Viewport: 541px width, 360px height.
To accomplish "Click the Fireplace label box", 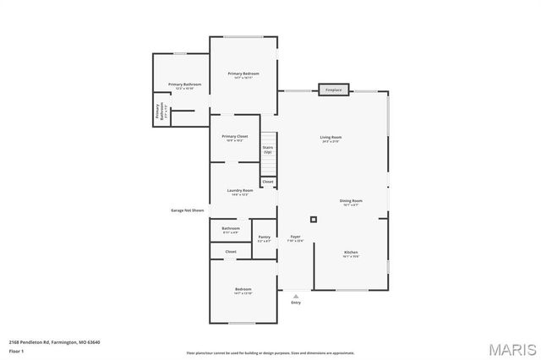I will point(334,89).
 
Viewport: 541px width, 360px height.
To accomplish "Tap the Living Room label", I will point(331,139).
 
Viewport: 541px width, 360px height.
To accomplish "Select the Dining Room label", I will point(351,202).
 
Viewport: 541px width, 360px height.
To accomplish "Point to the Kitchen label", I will point(351,254).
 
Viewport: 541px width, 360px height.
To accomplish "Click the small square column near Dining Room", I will point(314,219).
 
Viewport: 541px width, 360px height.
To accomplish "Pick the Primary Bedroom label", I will point(243,75).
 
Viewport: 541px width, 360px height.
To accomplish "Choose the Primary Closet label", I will point(235,138).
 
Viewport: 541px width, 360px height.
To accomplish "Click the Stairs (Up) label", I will point(268,149).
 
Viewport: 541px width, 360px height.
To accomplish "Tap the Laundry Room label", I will point(240,192).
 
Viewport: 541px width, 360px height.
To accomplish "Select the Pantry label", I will point(265,238).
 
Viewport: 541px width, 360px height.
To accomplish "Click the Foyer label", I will point(296,237).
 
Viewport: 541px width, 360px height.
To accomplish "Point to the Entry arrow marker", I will point(296,296).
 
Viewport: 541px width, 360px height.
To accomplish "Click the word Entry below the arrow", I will point(296,303).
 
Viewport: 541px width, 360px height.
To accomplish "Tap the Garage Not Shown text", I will point(188,210).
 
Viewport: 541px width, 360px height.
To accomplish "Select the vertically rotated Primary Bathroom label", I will point(159,112).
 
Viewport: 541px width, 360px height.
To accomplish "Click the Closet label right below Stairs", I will point(268,182).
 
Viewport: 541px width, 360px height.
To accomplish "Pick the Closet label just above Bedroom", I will point(231,252).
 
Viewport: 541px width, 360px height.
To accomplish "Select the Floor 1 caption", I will point(16,350).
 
